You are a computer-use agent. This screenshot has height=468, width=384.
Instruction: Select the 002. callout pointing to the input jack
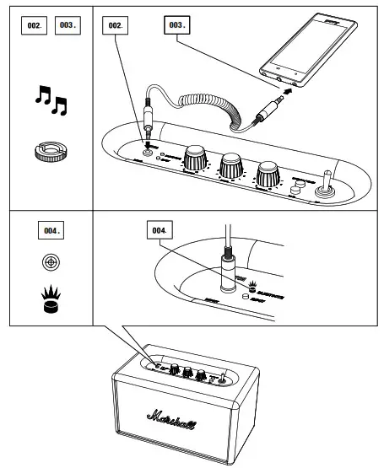click(x=116, y=25)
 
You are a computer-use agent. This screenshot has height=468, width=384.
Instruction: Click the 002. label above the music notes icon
click(x=34, y=25)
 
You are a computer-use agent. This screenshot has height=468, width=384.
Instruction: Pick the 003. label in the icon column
click(x=67, y=25)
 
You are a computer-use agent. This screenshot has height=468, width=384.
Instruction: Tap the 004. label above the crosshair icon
click(x=51, y=229)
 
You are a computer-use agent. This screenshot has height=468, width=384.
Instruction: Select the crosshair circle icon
click(x=51, y=261)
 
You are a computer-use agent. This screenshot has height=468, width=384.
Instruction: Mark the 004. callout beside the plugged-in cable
click(x=159, y=229)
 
